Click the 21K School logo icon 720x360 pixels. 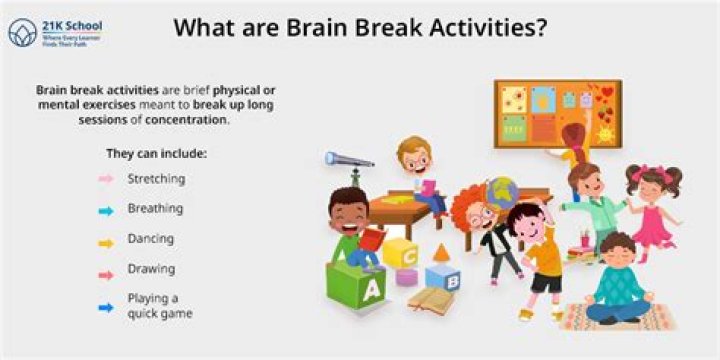coord(23,33)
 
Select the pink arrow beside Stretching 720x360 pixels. coord(105,179)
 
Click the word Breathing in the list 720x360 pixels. coord(155,209)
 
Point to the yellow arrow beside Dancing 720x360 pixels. coord(105,240)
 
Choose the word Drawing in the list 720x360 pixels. coord(151,269)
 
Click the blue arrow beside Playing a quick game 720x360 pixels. coord(105,306)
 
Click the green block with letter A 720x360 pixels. coord(356,289)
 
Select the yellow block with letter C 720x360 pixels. coord(400,254)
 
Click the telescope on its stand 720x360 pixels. coord(350,160)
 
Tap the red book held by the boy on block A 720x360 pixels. coord(372,241)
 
